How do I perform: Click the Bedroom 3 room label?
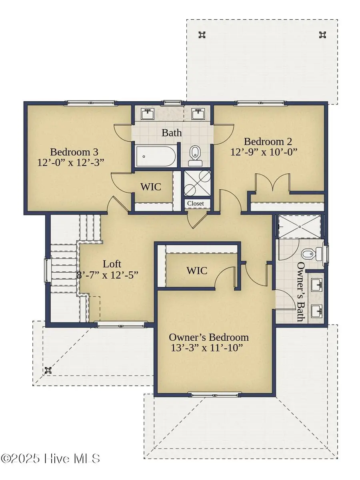[74, 152]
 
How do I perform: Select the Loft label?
[112, 264]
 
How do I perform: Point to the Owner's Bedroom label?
[209, 337]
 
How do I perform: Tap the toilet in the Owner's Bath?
[312, 253]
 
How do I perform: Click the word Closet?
[196, 203]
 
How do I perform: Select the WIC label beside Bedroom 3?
[150, 187]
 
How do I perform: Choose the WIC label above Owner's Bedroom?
[197, 271]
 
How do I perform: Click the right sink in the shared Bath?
[198, 114]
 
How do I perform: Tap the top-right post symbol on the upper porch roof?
[322, 35]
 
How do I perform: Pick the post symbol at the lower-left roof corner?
[49, 370]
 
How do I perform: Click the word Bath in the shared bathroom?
[172, 133]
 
